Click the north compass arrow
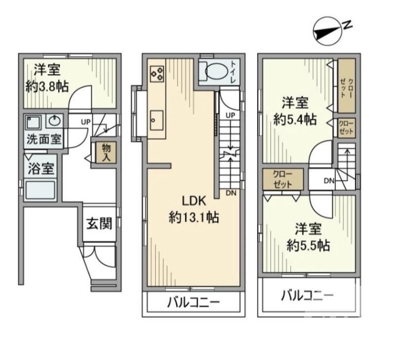328,31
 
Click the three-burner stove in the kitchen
157,74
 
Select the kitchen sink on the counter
157,118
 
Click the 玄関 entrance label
100,224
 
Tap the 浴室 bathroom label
40,169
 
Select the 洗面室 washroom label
44,139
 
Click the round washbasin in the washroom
54,120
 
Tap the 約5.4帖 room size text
295,120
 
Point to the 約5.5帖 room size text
308,245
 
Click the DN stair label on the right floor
329,181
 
